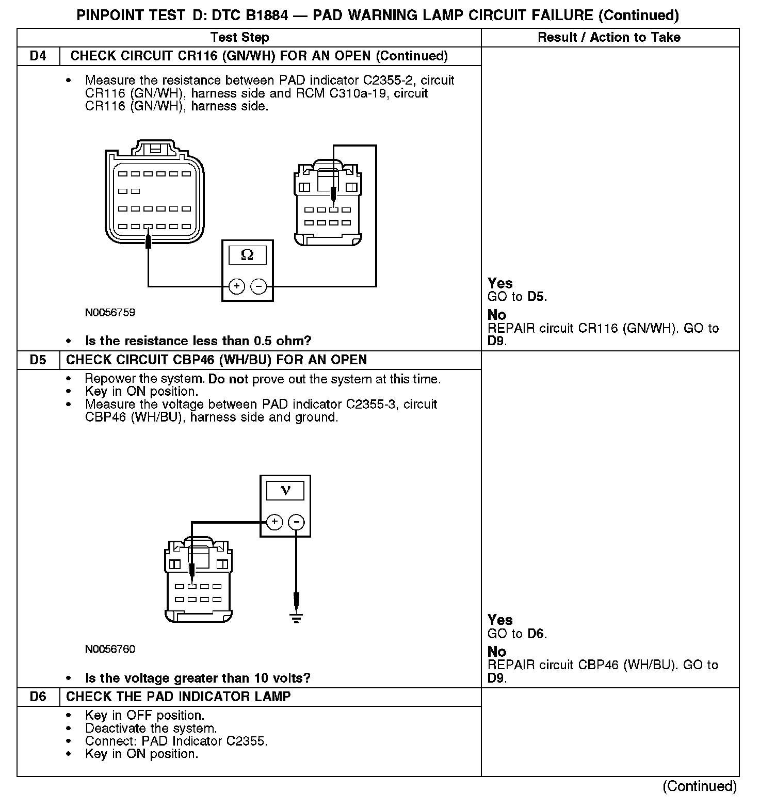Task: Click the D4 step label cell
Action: [x=38, y=56]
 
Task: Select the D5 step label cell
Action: [x=38, y=360]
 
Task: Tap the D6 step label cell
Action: [x=38, y=697]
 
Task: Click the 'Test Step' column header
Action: [x=240, y=37]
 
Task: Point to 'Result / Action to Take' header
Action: [x=609, y=37]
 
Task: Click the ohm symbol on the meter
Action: [x=248, y=255]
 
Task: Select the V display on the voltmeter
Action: [x=285, y=490]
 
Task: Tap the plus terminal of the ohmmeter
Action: [x=236, y=286]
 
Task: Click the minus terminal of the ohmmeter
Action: [x=259, y=286]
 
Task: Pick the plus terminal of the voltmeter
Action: [x=274, y=522]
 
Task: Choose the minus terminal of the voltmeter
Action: [x=296, y=522]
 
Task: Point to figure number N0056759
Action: [x=110, y=312]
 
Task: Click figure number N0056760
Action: [x=110, y=649]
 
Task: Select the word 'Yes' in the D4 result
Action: [x=500, y=283]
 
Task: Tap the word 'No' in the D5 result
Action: [x=497, y=652]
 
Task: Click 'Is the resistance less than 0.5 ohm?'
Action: [x=198, y=341]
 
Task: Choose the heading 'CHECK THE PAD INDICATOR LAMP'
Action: [x=179, y=697]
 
